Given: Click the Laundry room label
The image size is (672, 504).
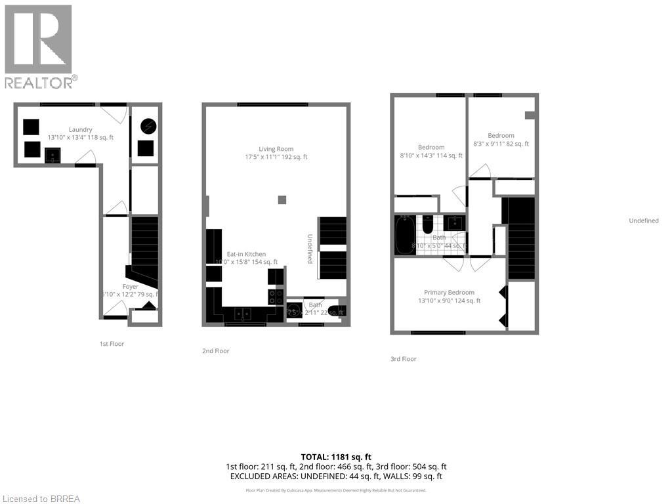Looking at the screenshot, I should coord(79,129).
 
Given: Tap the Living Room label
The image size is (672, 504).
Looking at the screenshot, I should coord(276,149).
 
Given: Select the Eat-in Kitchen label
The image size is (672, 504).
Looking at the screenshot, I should coord(246,254).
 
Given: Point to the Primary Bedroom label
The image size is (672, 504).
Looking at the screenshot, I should coord(449,293).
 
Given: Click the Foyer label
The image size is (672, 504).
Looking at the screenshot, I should coord(131,287).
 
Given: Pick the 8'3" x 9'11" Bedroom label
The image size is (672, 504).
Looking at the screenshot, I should coord(501,136).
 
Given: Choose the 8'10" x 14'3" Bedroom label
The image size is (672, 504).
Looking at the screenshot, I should coord(431,148).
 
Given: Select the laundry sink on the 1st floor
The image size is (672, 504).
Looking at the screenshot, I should coord(52,156).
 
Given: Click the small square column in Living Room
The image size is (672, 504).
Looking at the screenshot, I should coord(282,199).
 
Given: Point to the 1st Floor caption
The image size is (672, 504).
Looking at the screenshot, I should coord(112,344).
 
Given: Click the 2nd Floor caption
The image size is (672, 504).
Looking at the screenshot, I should coord(216,351).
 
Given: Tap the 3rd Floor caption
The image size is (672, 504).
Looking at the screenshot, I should coord(403,359).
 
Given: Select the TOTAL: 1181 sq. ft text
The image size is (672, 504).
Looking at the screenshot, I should coord(335,456).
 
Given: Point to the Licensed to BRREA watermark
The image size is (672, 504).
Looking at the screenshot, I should coord(41,499).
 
